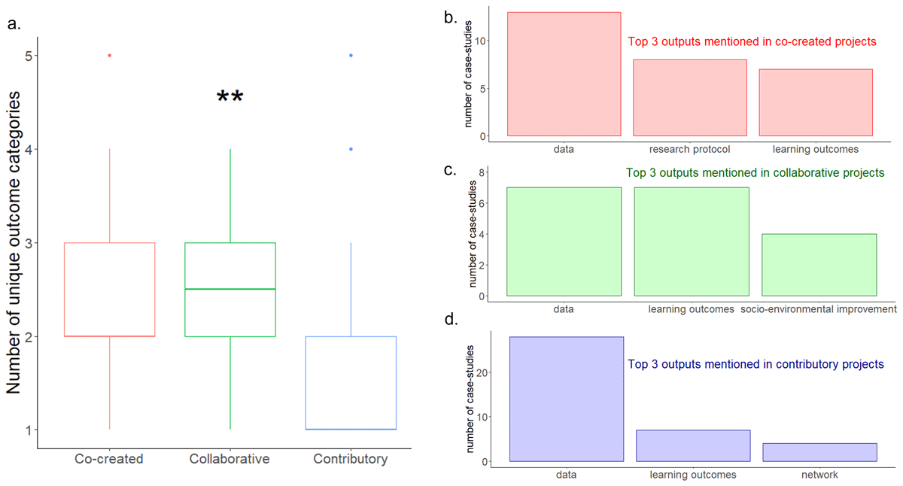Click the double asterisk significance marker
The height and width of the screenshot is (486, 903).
[x=230, y=98]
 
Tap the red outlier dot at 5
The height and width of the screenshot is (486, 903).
[x=110, y=56]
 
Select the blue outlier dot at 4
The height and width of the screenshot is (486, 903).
[x=351, y=149]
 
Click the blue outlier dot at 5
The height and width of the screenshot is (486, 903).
[x=351, y=56]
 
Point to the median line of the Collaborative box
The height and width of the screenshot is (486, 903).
[x=230, y=289]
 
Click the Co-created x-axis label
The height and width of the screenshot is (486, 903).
[x=109, y=459]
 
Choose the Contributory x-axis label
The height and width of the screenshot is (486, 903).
[x=351, y=459]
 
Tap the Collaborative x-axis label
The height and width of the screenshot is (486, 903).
[x=230, y=459]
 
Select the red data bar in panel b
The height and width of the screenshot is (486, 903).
[x=564, y=74]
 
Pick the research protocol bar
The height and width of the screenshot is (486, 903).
[x=690, y=98]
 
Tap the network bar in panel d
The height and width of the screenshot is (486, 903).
[x=819, y=452]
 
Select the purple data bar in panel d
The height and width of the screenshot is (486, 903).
[x=567, y=399]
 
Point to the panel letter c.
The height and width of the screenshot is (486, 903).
[x=450, y=169]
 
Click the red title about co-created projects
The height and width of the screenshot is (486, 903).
[x=752, y=42]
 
